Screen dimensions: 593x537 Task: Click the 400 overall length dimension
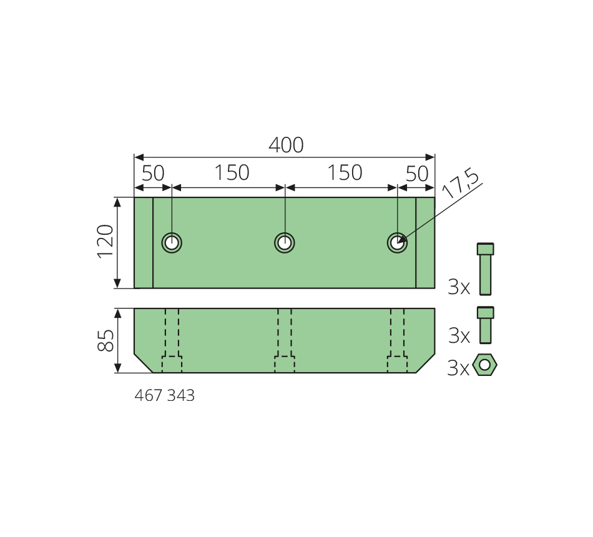(286, 145)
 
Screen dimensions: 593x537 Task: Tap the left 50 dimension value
(153, 174)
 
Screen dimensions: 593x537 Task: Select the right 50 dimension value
(417, 174)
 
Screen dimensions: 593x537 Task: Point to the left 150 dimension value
(232, 172)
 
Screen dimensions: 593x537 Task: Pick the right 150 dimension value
(345, 172)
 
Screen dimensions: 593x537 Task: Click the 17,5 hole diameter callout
(460, 183)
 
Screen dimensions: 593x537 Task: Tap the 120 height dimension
(105, 242)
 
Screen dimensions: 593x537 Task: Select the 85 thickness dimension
(105, 340)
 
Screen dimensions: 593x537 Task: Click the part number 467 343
(165, 395)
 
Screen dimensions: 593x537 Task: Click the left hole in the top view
(172, 242)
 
